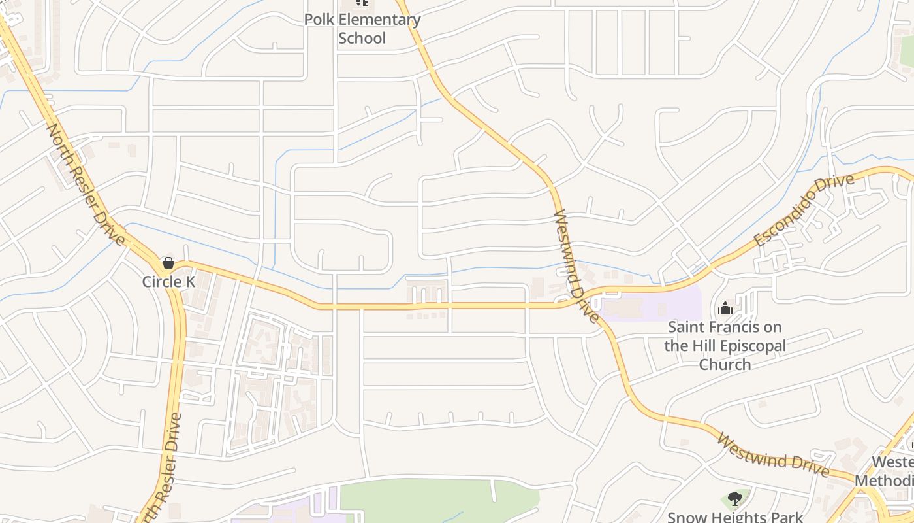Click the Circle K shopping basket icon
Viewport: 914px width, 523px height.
pos(168,263)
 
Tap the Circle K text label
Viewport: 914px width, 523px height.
pos(169,282)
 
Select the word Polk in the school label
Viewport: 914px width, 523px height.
pos(319,20)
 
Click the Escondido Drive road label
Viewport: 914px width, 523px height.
pos(804,210)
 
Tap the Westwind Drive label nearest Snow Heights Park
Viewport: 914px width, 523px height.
pos(772,455)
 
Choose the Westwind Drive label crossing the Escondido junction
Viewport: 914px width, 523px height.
pos(576,266)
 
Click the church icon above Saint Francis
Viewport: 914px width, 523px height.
pos(725,308)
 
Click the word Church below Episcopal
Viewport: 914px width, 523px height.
pos(725,364)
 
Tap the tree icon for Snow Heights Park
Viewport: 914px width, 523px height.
pos(735,499)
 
